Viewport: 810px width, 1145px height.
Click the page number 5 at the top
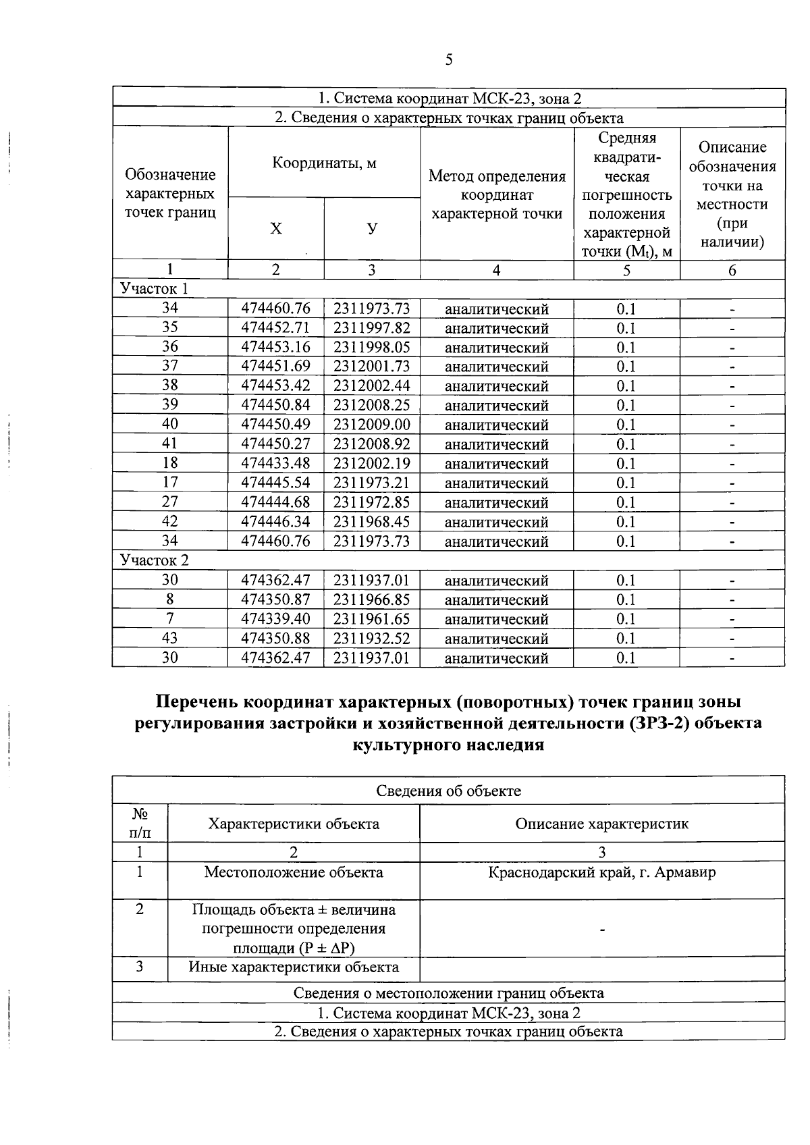(x=448, y=61)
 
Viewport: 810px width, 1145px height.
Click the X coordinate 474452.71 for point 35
(x=276, y=328)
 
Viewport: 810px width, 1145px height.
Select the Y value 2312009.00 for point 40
(x=371, y=425)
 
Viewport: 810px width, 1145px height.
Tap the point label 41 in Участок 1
(x=170, y=444)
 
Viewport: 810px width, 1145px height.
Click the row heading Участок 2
(x=155, y=560)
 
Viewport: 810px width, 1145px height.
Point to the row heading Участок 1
(x=154, y=289)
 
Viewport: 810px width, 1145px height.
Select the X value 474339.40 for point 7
(x=276, y=618)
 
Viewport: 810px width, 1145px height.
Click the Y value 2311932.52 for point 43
(x=371, y=638)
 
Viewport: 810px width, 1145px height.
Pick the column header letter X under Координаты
(x=275, y=230)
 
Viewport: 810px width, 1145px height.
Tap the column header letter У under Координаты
(x=372, y=230)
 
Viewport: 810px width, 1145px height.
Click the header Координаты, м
(x=324, y=163)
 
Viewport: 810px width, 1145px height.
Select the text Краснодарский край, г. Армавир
(x=602, y=872)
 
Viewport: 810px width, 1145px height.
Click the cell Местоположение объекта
(x=294, y=872)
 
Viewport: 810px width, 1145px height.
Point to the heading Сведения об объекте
(x=448, y=791)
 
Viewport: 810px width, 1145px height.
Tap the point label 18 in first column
(x=170, y=463)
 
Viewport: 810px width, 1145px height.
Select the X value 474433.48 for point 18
(x=276, y=464)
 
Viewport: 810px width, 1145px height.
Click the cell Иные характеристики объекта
(x=294, y=967)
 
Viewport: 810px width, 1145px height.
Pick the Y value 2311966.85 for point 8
(x=371, y=600)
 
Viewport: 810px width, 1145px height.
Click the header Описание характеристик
(x=602, y=824)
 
